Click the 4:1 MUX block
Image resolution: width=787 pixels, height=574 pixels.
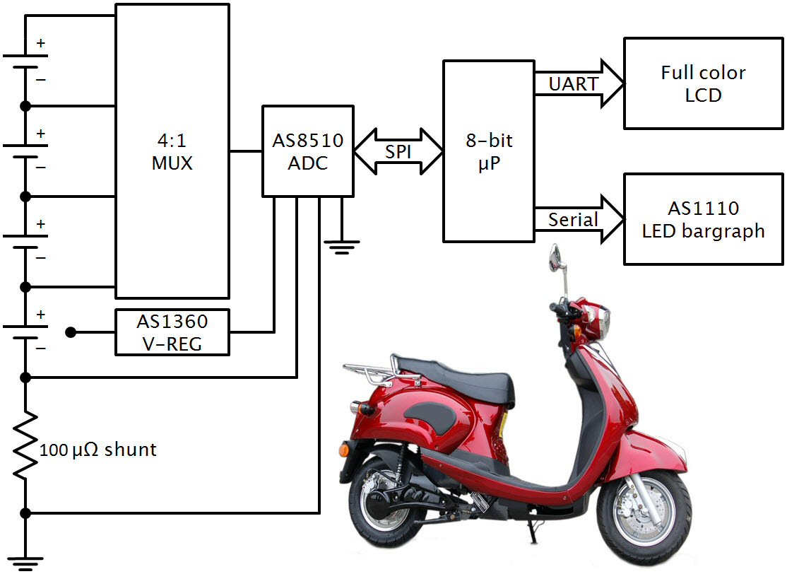(x=172, y=151)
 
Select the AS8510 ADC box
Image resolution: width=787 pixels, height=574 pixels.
(x=307, y=151)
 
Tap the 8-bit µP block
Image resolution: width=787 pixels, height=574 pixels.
(x=488, y=151)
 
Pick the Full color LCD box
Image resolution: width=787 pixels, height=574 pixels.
(x=704, y=83)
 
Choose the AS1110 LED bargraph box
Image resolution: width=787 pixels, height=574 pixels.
(x=704, y=219)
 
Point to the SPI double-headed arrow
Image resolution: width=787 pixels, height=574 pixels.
(x=398, y=151)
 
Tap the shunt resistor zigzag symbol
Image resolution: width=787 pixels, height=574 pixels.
(x=25, y=445)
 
